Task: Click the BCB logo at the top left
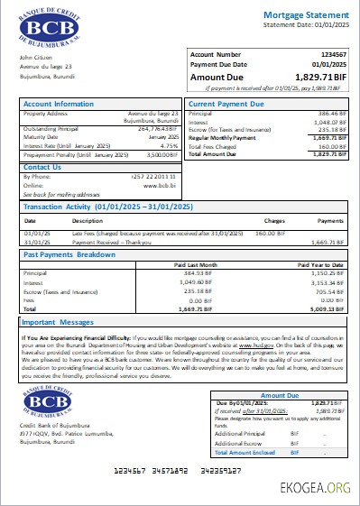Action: [56, 26]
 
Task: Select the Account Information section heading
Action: [59, 104]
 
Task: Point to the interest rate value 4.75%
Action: [169, 145]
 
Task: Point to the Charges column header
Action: [274, 220]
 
